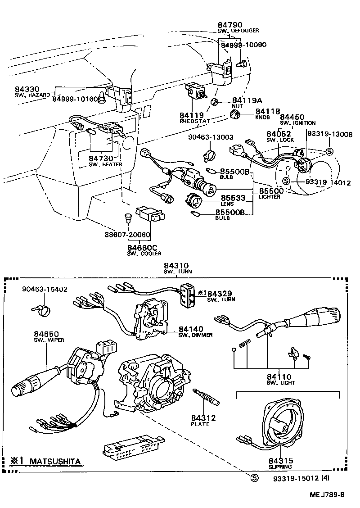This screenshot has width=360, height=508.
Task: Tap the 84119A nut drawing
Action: coord(215,101)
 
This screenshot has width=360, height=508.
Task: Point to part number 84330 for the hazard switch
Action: coord(27,90)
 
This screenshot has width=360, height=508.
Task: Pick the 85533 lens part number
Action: coord(233,198)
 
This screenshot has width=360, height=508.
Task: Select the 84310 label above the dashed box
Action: coord(176,266)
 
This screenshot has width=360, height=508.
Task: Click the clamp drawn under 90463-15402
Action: coord(39,310)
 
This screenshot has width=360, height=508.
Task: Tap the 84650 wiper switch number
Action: coord(46,334)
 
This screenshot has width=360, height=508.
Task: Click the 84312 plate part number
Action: coord(203,418)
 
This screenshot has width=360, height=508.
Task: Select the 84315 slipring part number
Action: coord(281,460)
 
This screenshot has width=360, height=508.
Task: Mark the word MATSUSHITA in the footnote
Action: coord(56,462)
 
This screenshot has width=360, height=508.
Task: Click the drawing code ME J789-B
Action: coord(327,495)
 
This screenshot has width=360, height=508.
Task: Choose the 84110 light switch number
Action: coord(279,377)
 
